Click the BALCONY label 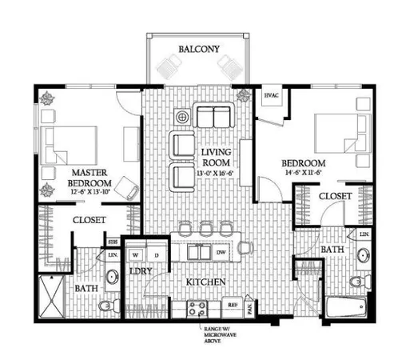coord(198,49)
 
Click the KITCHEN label coord(205,282)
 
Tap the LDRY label coord(141,272)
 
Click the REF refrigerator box coord(233,305)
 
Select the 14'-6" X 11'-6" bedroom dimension coord(324,170)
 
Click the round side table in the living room coord(182,117)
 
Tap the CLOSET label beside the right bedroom coord(336,196)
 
